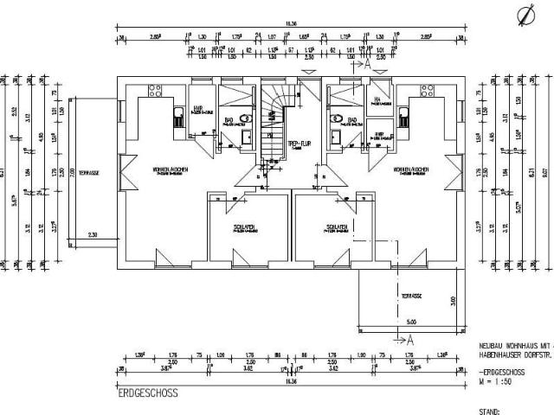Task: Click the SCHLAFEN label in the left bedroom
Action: coord(243,227)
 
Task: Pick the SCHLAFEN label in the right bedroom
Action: coord(337,227)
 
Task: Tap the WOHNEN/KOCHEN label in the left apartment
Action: coord(171,168)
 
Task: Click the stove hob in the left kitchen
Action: coord(157,88)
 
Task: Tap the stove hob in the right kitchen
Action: coord(427,88)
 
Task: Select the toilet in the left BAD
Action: coord(247,119)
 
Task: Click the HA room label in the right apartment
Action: coord(377,99)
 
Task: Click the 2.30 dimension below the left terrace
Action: coord(93,235)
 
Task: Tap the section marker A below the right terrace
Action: coord(411,338)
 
